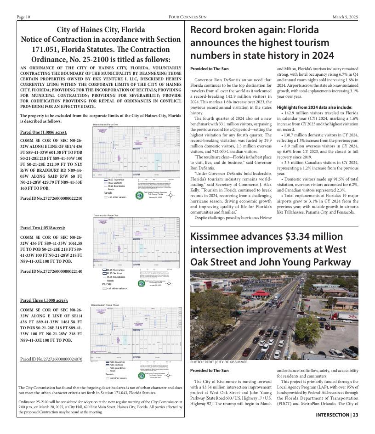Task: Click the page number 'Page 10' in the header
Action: (23, 17)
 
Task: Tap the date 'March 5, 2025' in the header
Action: (345, 17)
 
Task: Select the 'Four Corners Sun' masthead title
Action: (187, 17)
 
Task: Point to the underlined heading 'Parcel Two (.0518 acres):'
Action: (43, 228)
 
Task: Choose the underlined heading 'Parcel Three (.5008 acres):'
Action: (44, 300)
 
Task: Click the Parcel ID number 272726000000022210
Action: (51, 198)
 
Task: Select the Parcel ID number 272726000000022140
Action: (51, 271)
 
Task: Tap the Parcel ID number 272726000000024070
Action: (51, 359)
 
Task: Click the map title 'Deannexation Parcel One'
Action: (106, 124)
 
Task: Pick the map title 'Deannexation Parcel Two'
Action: (106, 215)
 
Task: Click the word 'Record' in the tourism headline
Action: (208, 31)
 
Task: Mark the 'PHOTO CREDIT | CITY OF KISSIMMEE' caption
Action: (219, 362)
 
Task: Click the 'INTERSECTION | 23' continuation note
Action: (337, 415)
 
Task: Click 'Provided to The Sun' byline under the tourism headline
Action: (209, 69)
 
